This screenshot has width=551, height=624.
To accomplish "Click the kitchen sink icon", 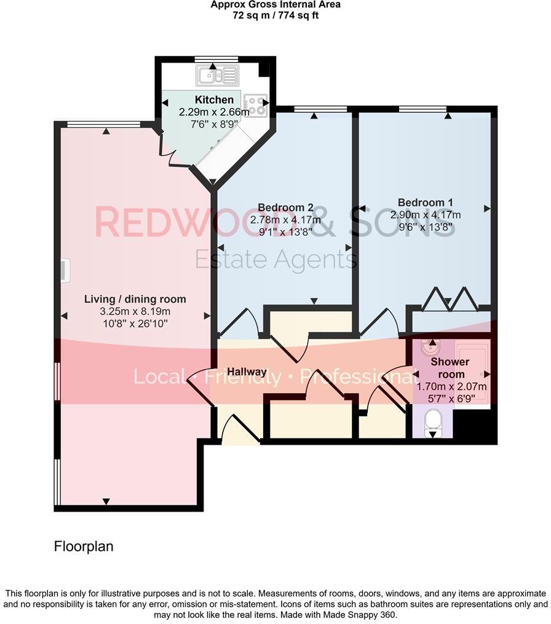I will tap(216, 76).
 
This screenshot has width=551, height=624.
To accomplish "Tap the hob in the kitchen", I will tap(256, 105).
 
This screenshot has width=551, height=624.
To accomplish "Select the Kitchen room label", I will tap(214, 100).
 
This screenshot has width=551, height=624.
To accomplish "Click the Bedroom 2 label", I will tap(286, 207).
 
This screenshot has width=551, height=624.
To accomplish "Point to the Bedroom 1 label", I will tap(426, 203).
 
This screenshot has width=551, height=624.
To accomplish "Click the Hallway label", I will tap(247, 372).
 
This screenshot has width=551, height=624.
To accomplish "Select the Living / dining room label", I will tap(135, 300).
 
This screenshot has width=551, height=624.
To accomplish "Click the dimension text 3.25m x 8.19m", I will tap(135, 311).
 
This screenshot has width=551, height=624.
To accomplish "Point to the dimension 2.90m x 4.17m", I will tap(426, 215).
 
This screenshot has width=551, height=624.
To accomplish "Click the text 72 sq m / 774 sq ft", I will tap(275, 15).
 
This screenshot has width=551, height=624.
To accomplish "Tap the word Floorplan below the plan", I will tap(84, 546).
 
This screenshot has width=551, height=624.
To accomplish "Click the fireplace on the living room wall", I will tap(65, 270).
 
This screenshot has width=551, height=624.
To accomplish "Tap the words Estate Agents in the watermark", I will tap(275, 260).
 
